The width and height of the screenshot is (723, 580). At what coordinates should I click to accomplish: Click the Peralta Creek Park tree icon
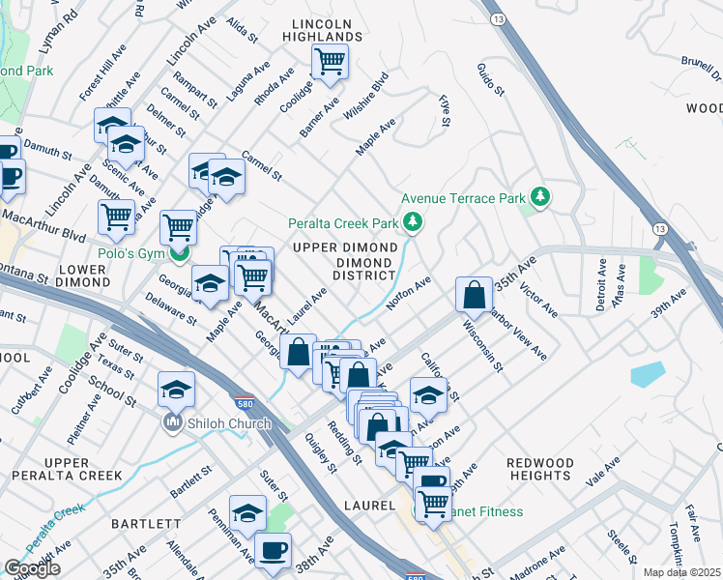[x=414, y=223]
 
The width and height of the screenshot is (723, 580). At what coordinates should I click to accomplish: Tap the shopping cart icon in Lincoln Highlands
[x=330, y=63]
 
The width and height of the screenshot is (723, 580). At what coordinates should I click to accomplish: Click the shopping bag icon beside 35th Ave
[x=475, y=295]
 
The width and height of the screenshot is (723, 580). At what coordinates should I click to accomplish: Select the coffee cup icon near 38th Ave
[x=274, y=550]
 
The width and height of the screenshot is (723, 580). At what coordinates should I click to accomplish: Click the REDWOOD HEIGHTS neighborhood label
[x=539, y=470]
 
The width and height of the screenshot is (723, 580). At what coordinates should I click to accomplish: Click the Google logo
[x=32, y=568]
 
